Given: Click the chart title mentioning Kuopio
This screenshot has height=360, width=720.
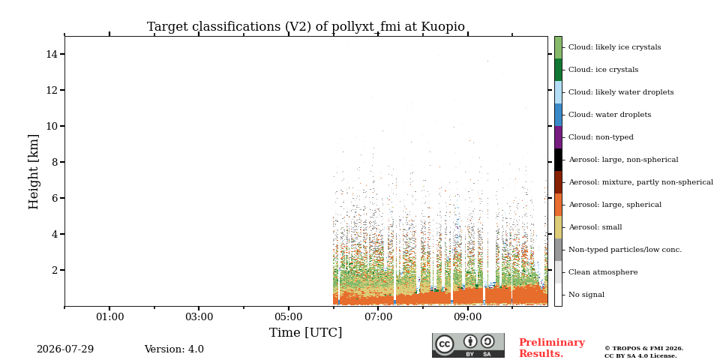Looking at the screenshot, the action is click(x=306, y=27).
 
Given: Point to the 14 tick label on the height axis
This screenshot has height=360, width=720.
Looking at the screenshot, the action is click(x=52, y=54).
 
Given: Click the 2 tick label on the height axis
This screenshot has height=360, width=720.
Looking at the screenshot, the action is click(x=55, y=270).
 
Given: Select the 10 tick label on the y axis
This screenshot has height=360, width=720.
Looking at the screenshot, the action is click(x=52, y=126).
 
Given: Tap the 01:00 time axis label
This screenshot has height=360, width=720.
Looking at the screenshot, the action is click(x=109, y=316).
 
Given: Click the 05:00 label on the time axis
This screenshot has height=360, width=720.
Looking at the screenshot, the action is click(x=288, y=316).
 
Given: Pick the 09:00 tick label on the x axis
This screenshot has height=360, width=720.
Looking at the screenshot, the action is click(x=467, y=316).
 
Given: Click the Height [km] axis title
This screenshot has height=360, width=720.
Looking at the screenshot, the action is click(x=34, y=172).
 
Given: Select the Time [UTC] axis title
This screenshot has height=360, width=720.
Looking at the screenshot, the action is click(x=306, y=332).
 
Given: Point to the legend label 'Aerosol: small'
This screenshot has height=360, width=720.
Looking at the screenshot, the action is click(x=595, y=227).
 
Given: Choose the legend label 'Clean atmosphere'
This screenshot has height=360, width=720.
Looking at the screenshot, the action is click(x=603, y=272).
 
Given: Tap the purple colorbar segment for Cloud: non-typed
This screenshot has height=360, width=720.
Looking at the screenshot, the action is click(x=558, y=137).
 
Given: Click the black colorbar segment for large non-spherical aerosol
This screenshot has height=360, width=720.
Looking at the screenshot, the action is click(x=558, y=160).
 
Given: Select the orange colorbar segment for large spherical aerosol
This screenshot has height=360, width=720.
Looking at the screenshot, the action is click(x=558, y=205).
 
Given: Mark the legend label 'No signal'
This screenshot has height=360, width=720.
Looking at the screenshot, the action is click(x=586, y=295).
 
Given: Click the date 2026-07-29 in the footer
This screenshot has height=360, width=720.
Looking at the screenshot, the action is click(x=65, y=349).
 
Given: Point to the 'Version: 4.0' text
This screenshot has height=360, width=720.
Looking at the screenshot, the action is click(x=174, y=349).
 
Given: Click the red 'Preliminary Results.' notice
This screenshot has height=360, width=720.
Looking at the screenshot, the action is click(x=552, y=348).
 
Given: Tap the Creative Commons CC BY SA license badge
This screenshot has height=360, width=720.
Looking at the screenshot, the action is click(x=468, y=345).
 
